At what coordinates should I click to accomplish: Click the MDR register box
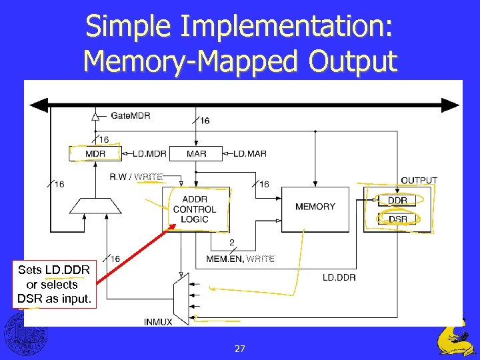tap(95, 154)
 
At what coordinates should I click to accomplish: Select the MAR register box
tap(195, 154)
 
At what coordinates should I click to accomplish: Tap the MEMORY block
tap(315, 207)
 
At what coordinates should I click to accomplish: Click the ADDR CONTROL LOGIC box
tap(195, 209)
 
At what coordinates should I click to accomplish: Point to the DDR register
tap(397, 200)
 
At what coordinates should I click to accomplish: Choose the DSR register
tap(397, 219)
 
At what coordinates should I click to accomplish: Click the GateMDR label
tap(130, 116)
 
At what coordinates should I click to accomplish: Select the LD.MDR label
tap(148, 154)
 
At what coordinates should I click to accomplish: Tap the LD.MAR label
tap(249, 154)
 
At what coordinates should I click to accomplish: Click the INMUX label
tap(158, 322)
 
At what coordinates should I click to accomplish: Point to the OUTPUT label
tap(419, 181)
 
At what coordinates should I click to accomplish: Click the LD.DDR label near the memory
tap(339, 277)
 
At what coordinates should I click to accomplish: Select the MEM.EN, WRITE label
tap(240, 259)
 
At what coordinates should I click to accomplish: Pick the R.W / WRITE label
tap(136, 177)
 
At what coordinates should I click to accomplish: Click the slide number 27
tap(240, 348)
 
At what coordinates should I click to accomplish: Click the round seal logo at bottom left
tap(22, 333)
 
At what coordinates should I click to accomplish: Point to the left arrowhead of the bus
tap(39, 105)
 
